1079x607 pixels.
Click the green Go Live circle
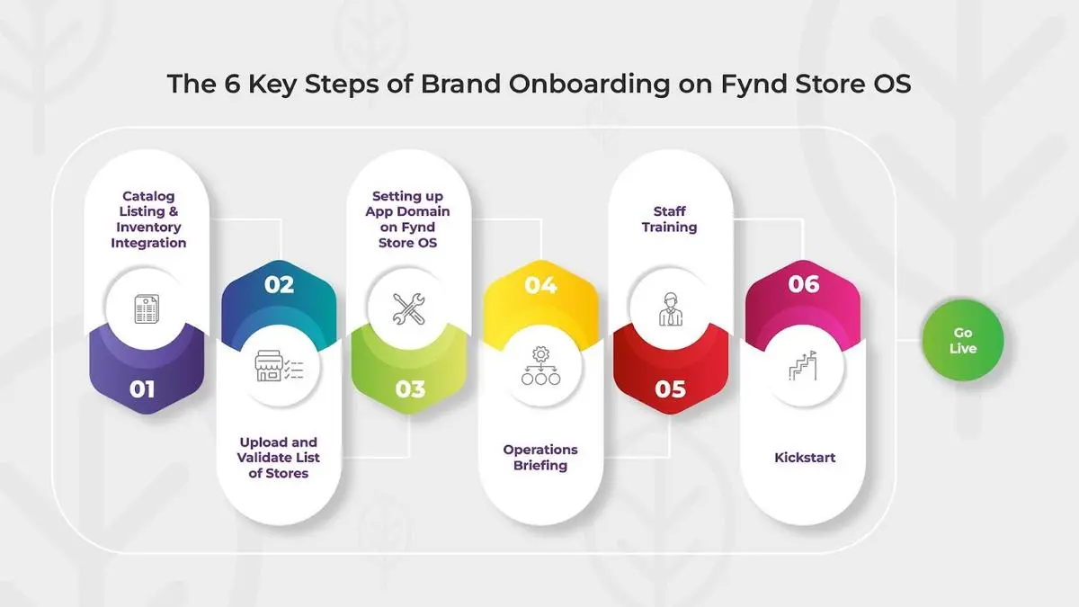point(962,340)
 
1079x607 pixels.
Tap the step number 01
point(142,389)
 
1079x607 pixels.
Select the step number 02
point(279,285)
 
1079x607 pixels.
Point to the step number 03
point(410,389)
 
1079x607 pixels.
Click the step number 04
point(540,285)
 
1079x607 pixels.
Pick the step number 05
point(670,389)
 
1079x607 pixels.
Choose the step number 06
point(804,284)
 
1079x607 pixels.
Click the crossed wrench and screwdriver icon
point(408,308)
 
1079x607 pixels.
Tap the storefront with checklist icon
point(279,366)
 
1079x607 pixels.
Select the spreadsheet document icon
point(147,308)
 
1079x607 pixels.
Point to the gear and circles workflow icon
point(540,366)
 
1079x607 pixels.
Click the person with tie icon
point(671,308)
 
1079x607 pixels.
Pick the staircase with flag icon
point(803,365)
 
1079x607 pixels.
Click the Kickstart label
point(805,457)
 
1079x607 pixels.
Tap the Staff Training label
point(670,219)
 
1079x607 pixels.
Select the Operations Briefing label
point(540,457)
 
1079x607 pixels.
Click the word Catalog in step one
point(148,197)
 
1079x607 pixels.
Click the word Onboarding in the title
point(589,84)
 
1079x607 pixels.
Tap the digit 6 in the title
point(232,84)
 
